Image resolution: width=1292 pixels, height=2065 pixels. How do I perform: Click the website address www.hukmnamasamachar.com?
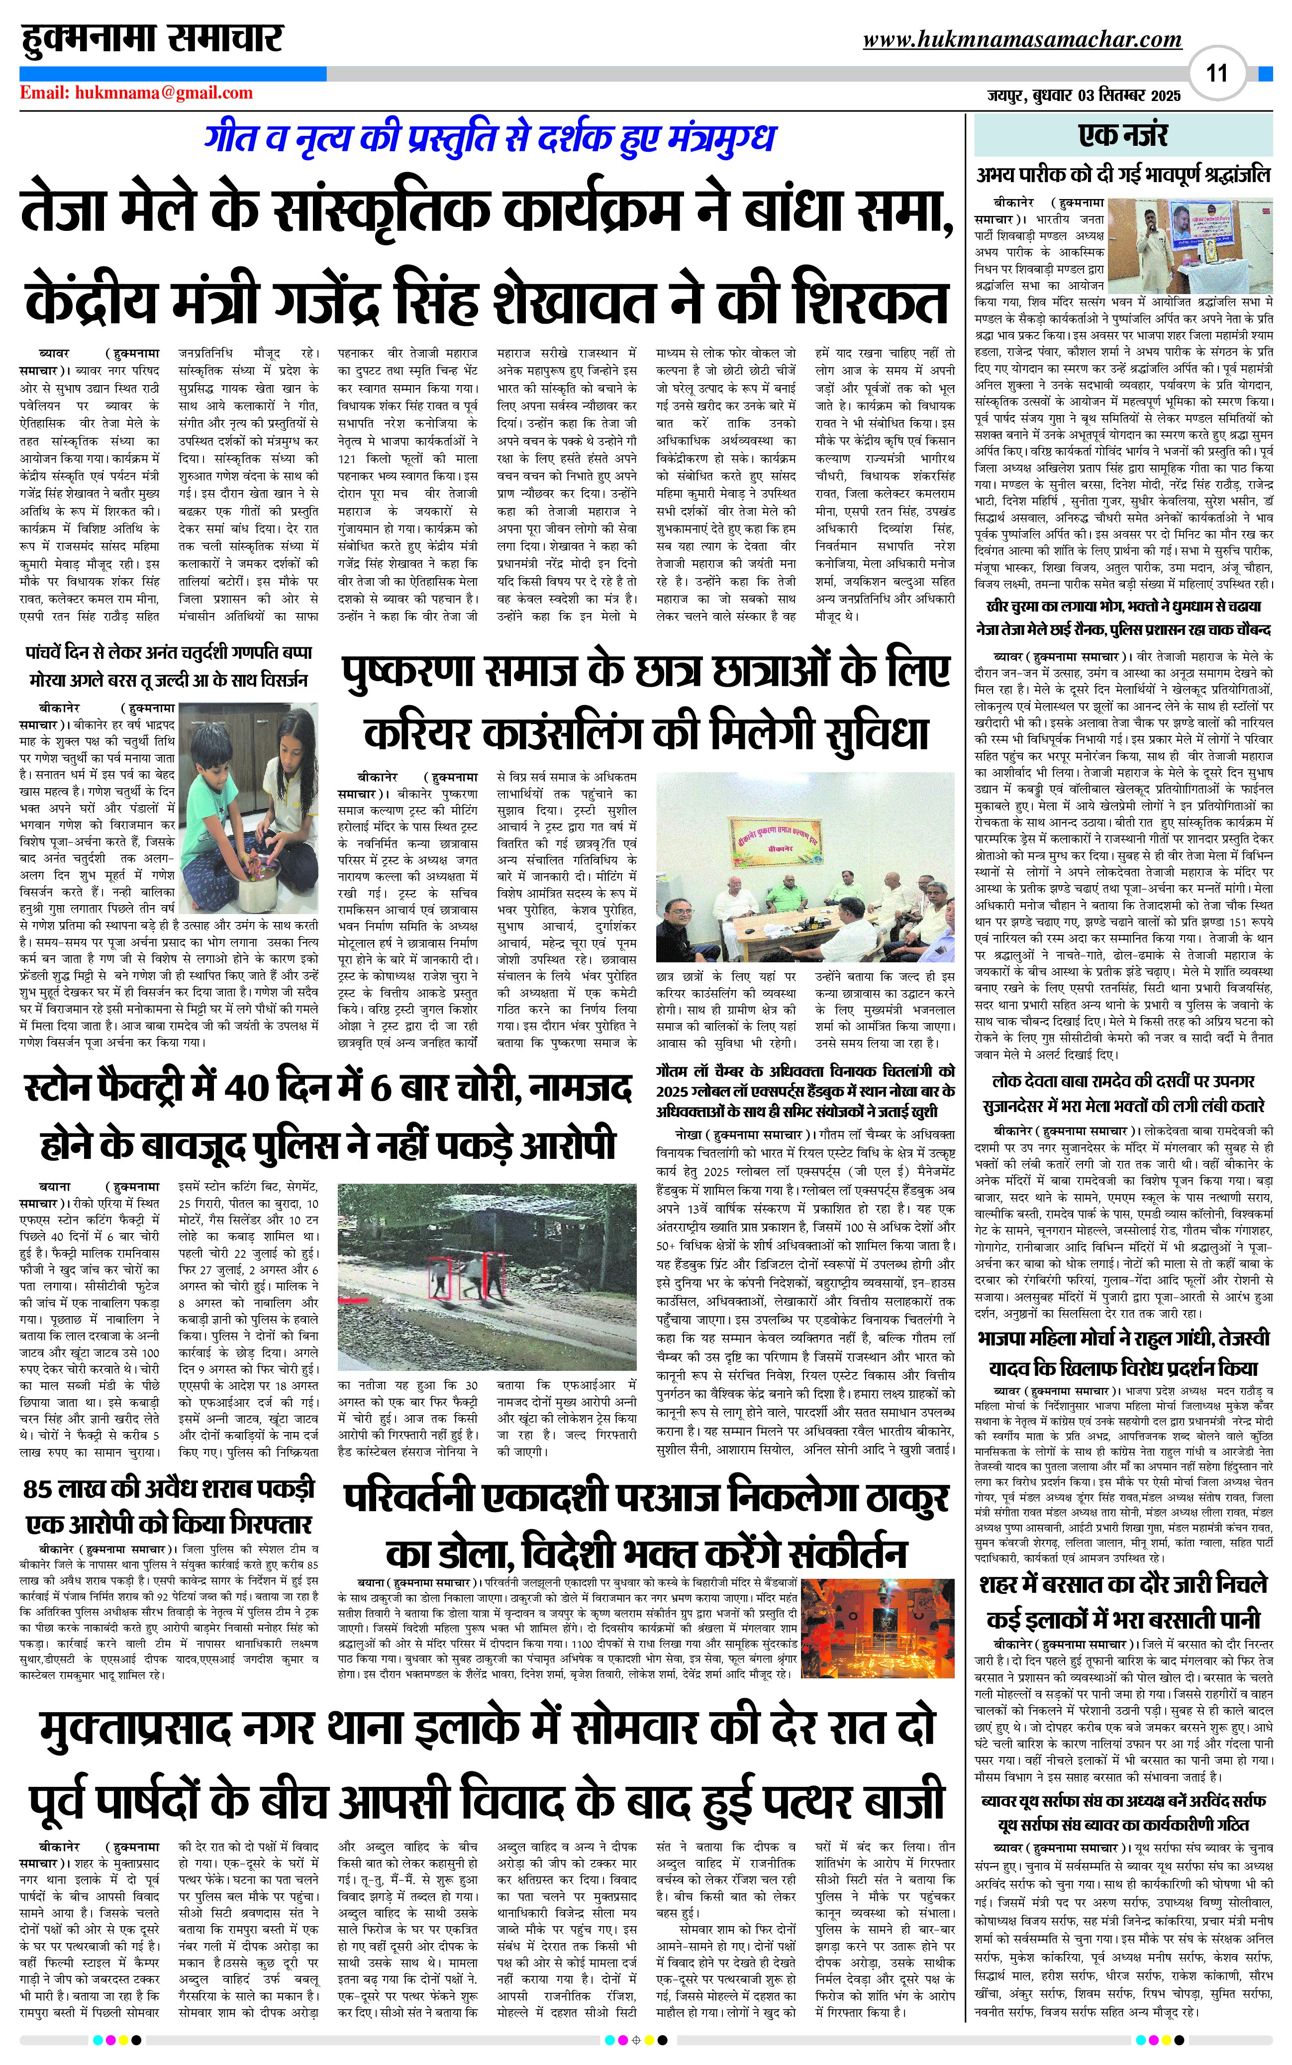point(1022,39)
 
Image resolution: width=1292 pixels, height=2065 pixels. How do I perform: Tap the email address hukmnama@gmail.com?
point(164,93)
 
